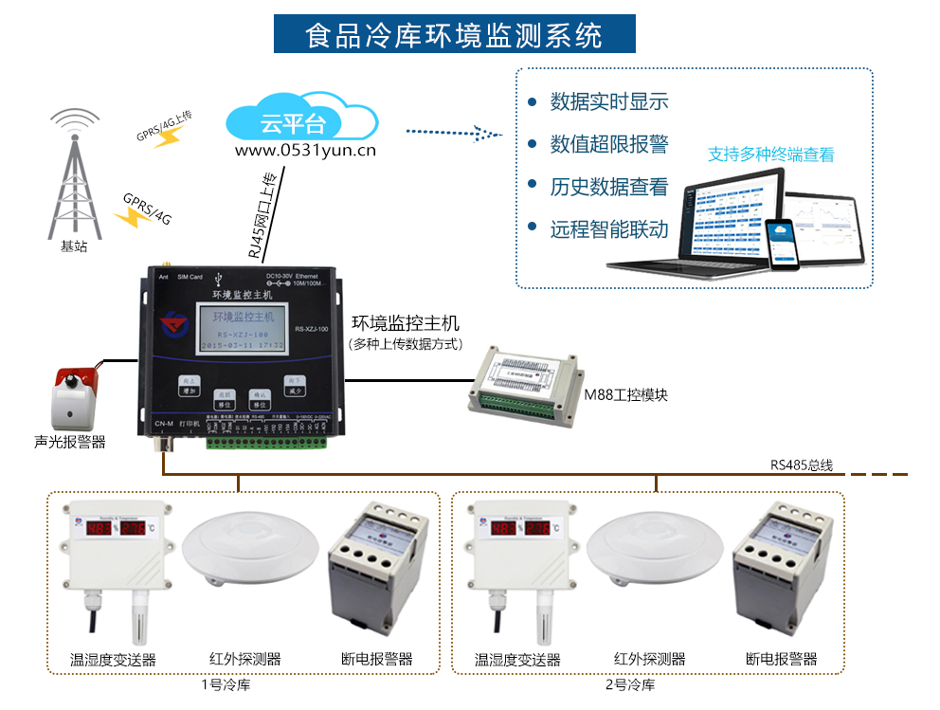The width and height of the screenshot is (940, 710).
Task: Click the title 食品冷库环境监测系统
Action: (454, 35)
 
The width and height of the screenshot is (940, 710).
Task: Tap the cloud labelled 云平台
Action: (302, 120)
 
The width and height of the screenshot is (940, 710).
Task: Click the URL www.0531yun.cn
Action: (305, 150)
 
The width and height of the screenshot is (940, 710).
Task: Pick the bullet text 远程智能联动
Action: (608, 229)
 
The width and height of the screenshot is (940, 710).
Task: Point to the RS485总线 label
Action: (801, 464)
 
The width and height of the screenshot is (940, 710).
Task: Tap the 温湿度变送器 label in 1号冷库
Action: (113, 660)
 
